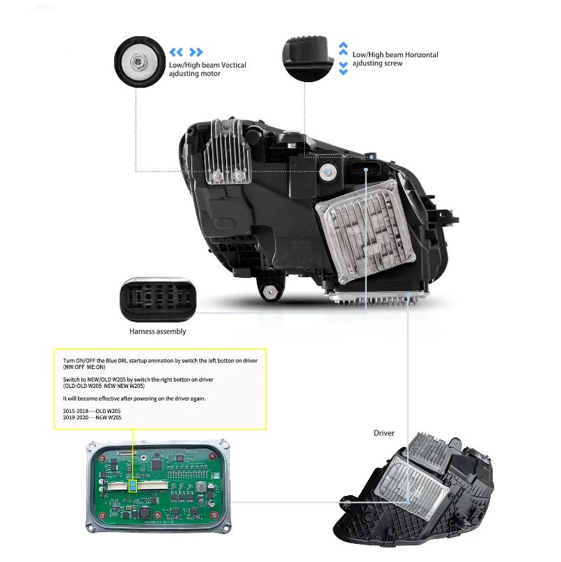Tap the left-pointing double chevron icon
[176, 52]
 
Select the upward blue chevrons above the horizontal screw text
[343, 48]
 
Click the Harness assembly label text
[157, 331]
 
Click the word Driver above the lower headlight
[384, 433]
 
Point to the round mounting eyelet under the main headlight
[268, 293]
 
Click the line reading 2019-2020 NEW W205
[92, 418]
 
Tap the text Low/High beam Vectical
[207, 65]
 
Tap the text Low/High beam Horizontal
[395, 54]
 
